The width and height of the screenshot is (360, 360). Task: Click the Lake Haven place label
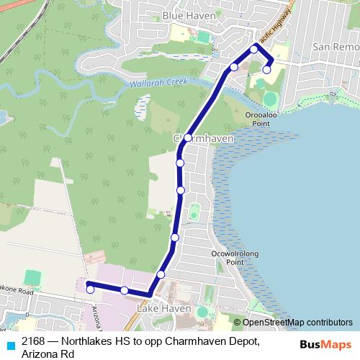163,309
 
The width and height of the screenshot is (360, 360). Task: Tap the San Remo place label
336,46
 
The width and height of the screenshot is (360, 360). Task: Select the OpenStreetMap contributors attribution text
297,322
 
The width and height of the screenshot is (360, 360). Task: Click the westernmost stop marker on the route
90,289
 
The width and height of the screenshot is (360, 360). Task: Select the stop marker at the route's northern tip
254,49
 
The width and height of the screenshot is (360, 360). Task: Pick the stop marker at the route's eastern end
267,70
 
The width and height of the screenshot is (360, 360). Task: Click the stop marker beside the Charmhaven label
187,138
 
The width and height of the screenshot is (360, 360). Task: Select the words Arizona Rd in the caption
48,354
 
